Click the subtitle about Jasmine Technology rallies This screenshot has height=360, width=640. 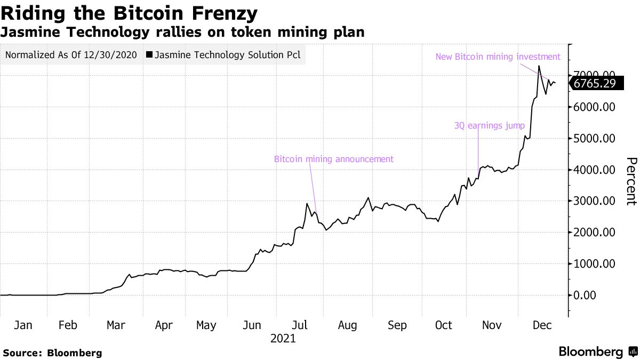(x=182, y=33)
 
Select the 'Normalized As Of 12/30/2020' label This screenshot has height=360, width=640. (x=71, y=54)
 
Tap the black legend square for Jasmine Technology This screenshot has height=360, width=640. (x=149, y=54)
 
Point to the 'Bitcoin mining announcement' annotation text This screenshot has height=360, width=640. (x=333, y=159)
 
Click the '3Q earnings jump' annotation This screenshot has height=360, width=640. (x=489, y=126)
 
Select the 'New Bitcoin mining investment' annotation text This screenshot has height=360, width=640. (x=498, y=57)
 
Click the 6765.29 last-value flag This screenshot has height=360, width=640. (x=597, y=83)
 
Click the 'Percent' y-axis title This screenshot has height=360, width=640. (x=631, y=181)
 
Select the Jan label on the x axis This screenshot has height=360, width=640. (x=23, y=325)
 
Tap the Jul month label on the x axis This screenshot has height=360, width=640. (x=299, y=325)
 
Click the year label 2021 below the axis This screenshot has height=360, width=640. (x=283, y=338)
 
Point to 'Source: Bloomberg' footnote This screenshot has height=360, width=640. (x=52, y=353)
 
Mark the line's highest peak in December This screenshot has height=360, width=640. (x=539, y=66)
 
